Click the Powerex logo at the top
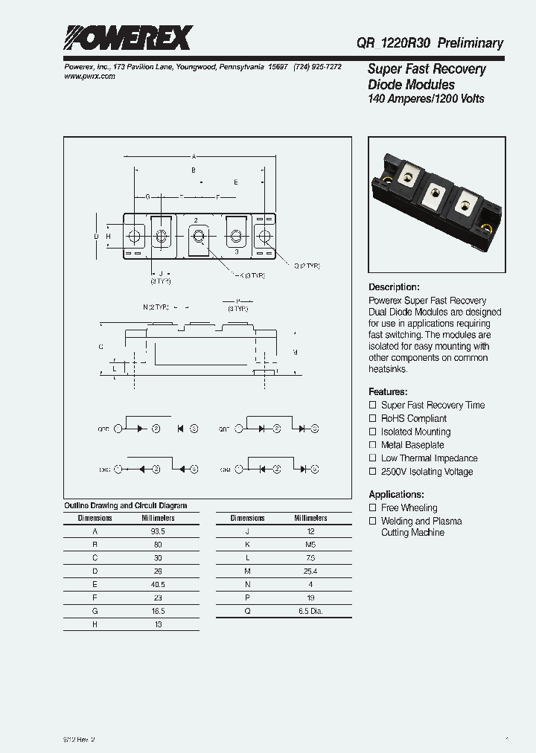coord(127,38)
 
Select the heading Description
coord(394,287)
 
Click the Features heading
coord(388,391)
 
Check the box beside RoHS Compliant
coord(373,418)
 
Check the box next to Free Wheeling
coord(373,507)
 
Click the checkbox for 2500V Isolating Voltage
coord(373,472)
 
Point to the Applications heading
coord(396,494)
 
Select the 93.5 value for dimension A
coord(158,531)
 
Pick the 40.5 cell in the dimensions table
coord(158,585)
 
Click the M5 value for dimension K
coord(310,545)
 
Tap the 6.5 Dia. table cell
coord(310,612)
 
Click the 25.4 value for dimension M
coord(310,571)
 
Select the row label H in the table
coord(95,625)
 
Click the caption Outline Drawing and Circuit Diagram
coord(125,505)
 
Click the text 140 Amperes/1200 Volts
coord(426,99)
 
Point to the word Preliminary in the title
coord(470,43)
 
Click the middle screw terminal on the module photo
coord(435,189)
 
